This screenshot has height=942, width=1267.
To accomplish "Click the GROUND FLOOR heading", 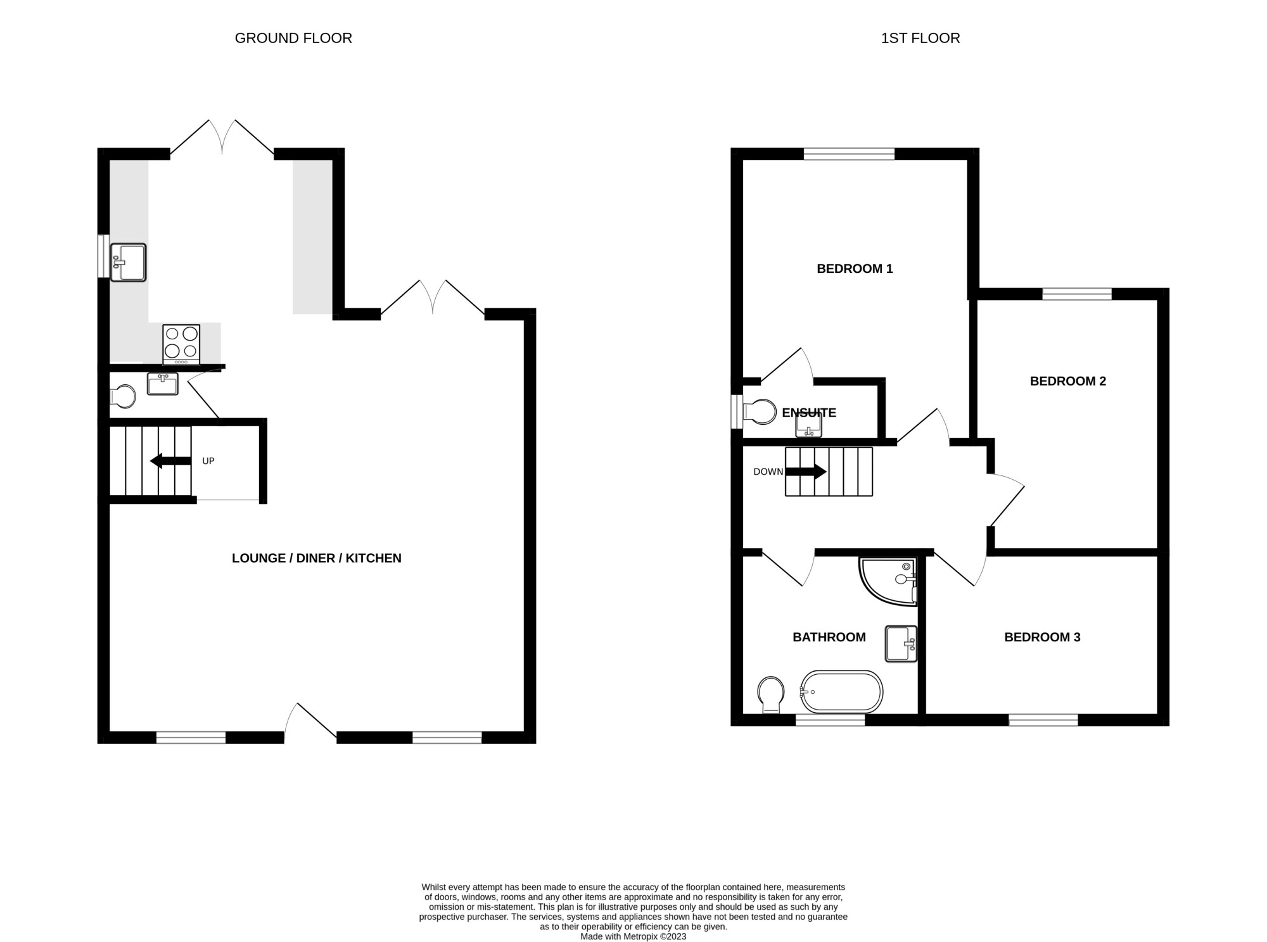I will (293, 38).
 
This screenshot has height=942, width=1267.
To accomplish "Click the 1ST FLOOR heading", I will (920, 38).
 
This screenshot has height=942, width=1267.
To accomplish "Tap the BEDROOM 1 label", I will (855, 268).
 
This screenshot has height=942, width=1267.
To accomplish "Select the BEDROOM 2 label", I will (1067, 381).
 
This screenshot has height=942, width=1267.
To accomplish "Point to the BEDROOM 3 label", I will (1042, 637).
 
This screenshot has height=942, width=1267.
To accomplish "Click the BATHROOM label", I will (829, 637).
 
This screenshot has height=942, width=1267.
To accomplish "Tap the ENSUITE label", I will (808, 413).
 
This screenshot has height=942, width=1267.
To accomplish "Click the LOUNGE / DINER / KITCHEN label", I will (316, 558).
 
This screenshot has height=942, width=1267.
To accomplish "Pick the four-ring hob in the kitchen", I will (181, 343).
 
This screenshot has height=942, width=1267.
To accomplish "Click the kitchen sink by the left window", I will (129, 262).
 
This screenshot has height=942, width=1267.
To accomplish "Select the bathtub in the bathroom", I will (841, 691).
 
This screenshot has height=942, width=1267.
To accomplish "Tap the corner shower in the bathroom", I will (890, 580).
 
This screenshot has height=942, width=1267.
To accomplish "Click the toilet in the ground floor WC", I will (124, 397).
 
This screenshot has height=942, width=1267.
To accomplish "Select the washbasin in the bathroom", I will (901, 644).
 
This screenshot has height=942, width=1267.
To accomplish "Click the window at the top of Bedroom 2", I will (1077, 294).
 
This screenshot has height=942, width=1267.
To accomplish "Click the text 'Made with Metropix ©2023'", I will (633, 936).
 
